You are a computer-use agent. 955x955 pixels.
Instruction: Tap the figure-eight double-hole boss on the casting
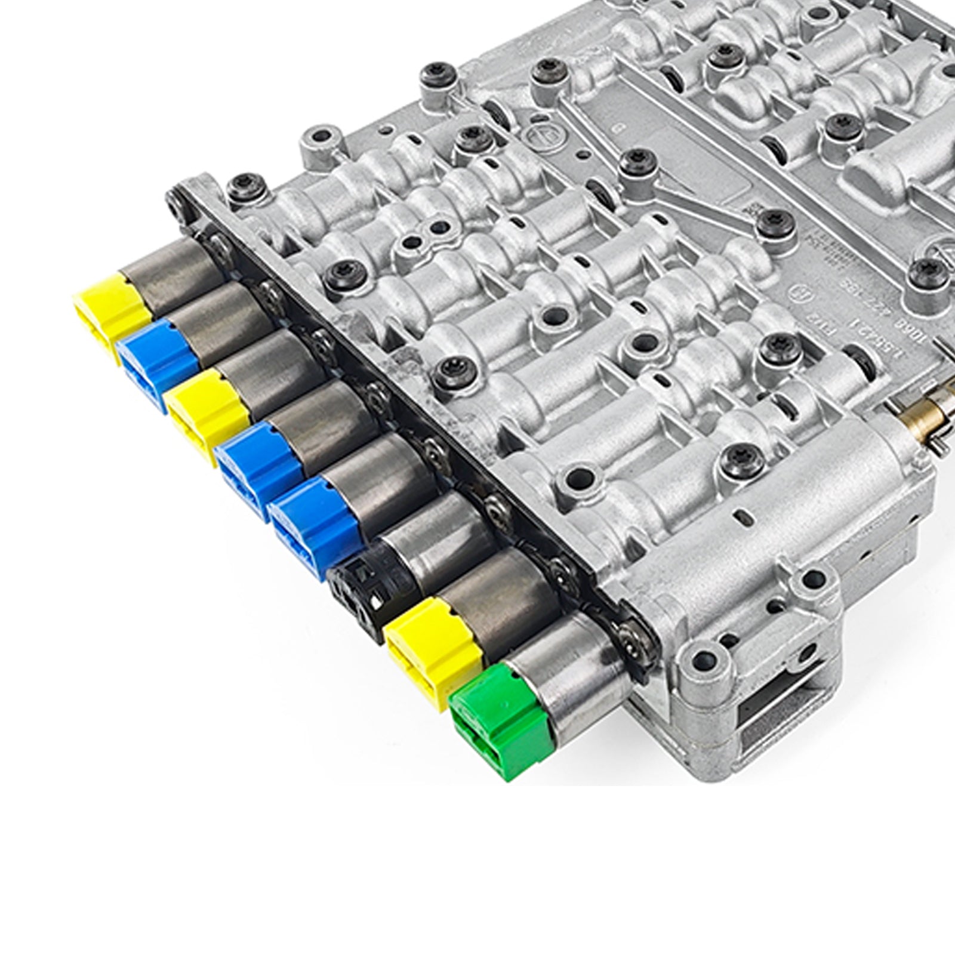point(427,230)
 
